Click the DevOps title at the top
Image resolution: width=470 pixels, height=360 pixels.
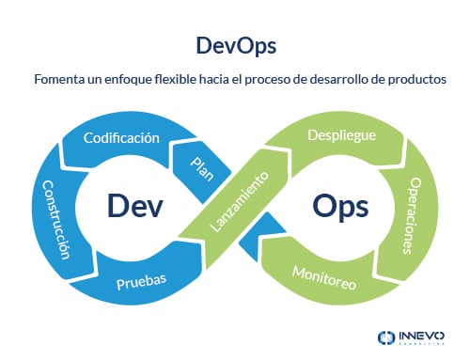tap(234, 45)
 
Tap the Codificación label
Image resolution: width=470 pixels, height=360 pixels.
tap(120, 138)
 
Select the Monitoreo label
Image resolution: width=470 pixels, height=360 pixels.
tap(324, 277)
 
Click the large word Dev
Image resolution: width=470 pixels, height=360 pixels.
tap(131, 205)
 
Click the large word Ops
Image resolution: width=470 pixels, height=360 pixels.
tap(339, 205)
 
